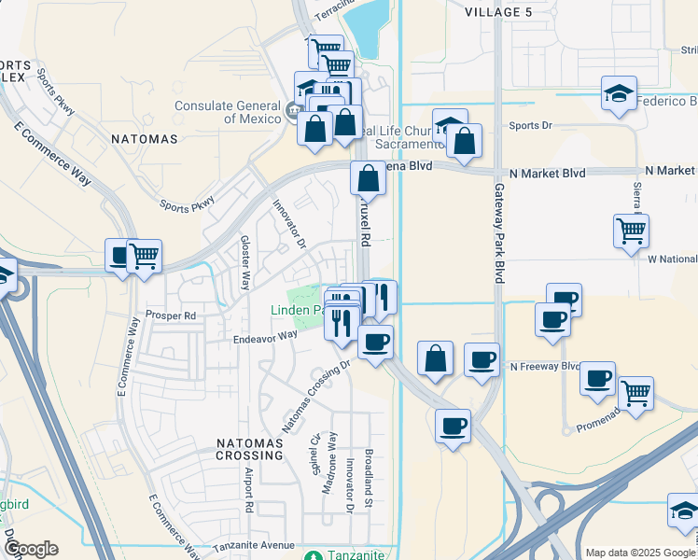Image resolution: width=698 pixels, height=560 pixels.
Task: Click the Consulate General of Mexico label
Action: pos(227,112)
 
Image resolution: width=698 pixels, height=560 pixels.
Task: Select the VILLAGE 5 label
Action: pos(502,11)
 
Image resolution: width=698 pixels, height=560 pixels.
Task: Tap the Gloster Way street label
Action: pos(244,262)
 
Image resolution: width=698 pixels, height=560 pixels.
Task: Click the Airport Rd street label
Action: pos(249,495)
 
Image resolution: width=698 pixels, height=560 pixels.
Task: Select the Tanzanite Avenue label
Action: pos(253,546)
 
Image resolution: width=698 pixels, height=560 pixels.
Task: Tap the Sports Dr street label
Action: pos(531,124)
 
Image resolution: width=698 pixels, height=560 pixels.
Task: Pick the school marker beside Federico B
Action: pos(619,94)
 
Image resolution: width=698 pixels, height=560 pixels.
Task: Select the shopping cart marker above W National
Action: pos(632,230)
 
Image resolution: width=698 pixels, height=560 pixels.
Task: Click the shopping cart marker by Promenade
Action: pos(635,392)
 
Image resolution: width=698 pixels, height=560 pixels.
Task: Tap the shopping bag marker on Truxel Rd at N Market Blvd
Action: pos(369,177)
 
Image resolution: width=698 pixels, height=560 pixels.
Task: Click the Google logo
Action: pos(31,549)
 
